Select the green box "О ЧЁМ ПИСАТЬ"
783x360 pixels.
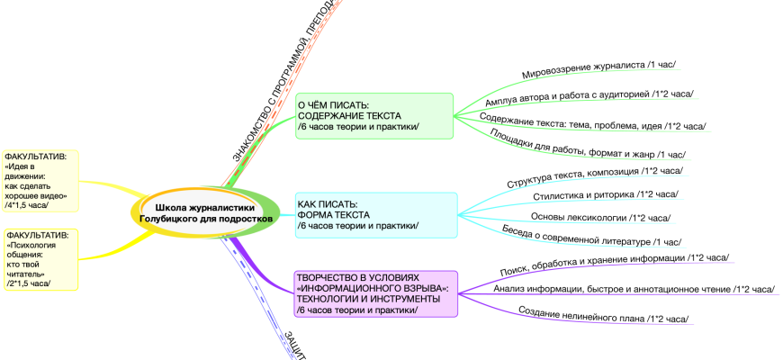375,116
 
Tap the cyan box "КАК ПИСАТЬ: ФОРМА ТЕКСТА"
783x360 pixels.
375,214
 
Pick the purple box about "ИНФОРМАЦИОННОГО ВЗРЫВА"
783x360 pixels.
375,293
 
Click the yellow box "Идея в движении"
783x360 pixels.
40,180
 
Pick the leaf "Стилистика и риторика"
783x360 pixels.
605,195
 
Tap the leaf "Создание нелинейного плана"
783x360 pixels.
603,314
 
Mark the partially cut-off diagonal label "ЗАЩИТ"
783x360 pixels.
295,346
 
